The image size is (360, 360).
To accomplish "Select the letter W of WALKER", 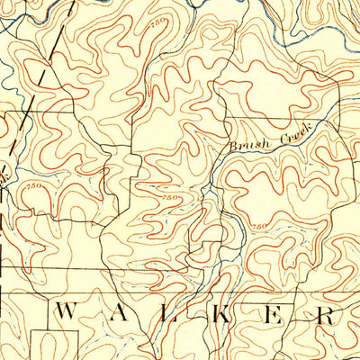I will point(67,314).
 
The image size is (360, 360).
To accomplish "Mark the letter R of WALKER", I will point(328,314).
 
